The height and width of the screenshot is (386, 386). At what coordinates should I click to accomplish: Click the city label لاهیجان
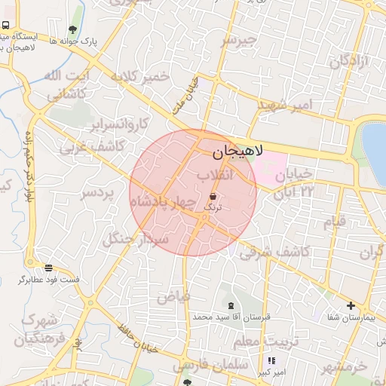[235, 152]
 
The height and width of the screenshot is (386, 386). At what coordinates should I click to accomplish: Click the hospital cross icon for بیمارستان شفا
[350, 305]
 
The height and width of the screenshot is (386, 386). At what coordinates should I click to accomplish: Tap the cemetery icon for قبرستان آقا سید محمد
[230, 305]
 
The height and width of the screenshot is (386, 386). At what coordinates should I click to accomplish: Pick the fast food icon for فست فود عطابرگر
[49, 268]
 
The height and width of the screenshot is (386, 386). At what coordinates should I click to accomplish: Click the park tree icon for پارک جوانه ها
[72, 29]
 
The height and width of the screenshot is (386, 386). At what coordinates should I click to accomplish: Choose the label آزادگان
[349, 61]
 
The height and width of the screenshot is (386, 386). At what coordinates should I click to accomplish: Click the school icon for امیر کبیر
[271, 361]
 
